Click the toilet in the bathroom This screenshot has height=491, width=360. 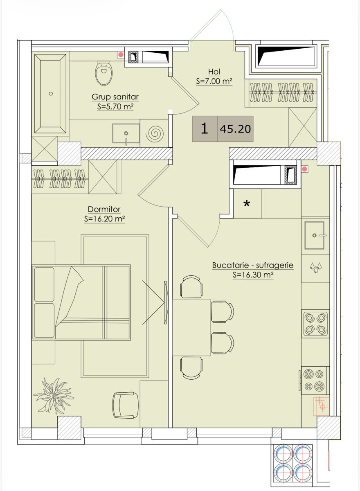pyautogui.click(x=104, y=73)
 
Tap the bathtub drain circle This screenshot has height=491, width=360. pyautogui.click(x=51, y=94)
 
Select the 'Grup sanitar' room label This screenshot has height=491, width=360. pyautogui.click(x=115, y=97)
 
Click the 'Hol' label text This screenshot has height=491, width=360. pyautogui.click(x=214, y=72)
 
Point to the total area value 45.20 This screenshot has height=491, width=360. pyautogui.click(x=236, y=129)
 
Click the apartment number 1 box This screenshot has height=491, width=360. pyautogui.click(x=205, y=128)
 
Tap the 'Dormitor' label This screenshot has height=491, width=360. pyautogui.click(x=104, y=209)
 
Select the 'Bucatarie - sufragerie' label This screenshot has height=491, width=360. pyautogui.click(x=253, y=265)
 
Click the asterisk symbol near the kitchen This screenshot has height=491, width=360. pyautogui.click(x=247, y=204)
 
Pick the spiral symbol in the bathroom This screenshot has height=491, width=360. pyautogui.click(x=155, y=133)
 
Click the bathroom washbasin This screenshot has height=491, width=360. pyautogui.click(x=126, y=133)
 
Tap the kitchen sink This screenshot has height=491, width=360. pyautogui.click(x=315, y=235)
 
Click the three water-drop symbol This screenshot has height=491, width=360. pyautogui.click(x=315, y=268)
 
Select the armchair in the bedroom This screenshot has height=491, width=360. pyautogui.click(x=125, y=405)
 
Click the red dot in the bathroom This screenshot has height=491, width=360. pyautogui.click(x=121, y=54)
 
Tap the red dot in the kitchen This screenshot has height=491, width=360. pyautogui.click(x=304, y=169)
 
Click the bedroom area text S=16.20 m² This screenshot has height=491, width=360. pyautogui.click(x=104, y=219)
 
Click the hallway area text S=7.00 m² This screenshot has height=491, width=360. pyautogui.click(x=214, y=81)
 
